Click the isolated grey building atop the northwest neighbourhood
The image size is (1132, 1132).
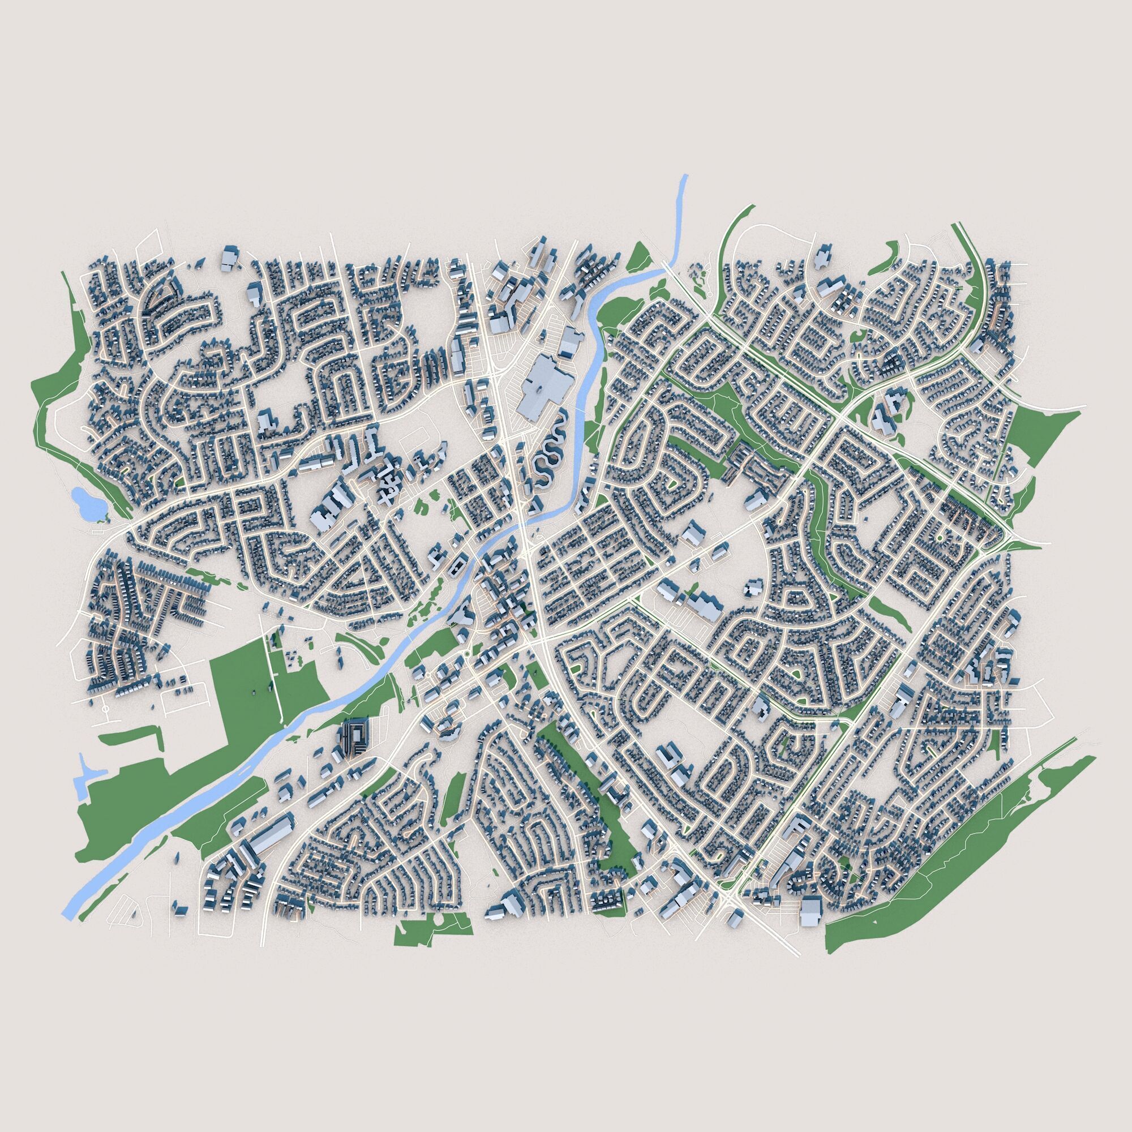(x=230, y=258)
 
